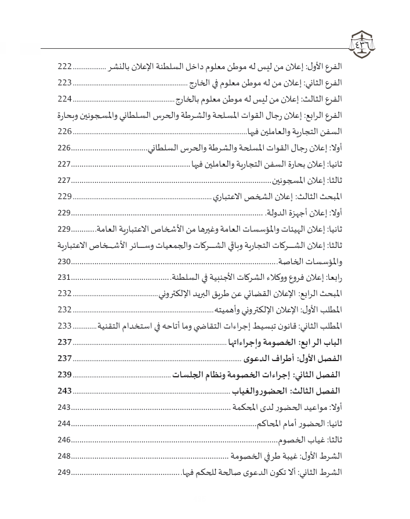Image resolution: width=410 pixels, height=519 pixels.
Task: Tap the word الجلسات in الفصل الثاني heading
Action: coord(192,374)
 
